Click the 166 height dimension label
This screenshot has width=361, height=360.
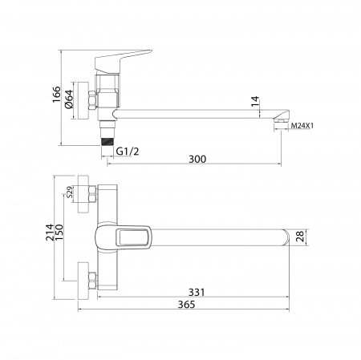(56, 95)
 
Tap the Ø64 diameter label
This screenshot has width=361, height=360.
(69, 99)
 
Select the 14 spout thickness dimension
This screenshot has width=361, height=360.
(255, 101)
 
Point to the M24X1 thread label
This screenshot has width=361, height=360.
(302, 126)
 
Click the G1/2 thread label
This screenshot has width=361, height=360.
(128, 152)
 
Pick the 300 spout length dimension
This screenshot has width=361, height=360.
(197, 159)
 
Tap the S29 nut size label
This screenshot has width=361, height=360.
(69, 192)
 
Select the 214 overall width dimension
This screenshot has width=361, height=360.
(50, 233)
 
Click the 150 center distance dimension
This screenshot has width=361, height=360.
(59, 233)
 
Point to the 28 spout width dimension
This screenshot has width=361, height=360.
(301, 237)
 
